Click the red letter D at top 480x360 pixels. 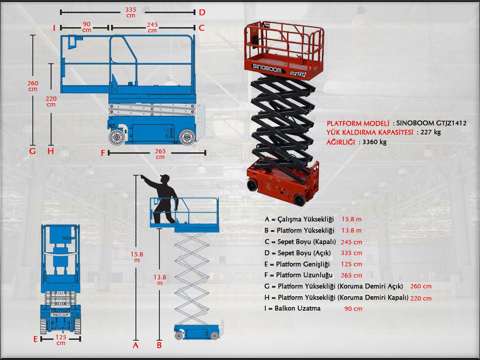pyautogui.click(x=202, y=12)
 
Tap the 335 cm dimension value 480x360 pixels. pyautogui.click(x=131, y=12)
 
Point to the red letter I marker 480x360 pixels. pyautogui.click(x=54, y=28)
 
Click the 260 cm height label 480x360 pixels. pyautogui.click(x=33, y=86)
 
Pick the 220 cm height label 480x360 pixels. pyautogui.click(x=51, y=101)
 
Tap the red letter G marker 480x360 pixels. pyautogui.click(x=32, y=151)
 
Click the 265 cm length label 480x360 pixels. pyautogui.click(x=160, y=154)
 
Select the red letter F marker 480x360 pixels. pyautogui.click(x=103, y=153)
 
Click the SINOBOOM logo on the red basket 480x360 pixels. pyautogui.click(x=267, y=68)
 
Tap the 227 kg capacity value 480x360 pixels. pyautogui.click(x=431, y=132)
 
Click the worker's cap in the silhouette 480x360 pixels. pyautogui.click(x=164, y=177)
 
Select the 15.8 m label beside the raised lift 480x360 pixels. pyautogui.click(x=136, y=256)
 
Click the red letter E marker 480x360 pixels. pyautogui.click(x=35, y=338)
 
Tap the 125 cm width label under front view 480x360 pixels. pyautogui.click(x=61, y=340)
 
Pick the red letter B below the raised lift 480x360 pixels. pyautogui.click(x=159, y=345)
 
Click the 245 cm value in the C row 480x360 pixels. pyautogui.click(x=352, y=242)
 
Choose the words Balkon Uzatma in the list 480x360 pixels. pyautogui.click(x=299, y=308)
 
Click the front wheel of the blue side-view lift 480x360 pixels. pyautogui.click(x=117, y=137)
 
